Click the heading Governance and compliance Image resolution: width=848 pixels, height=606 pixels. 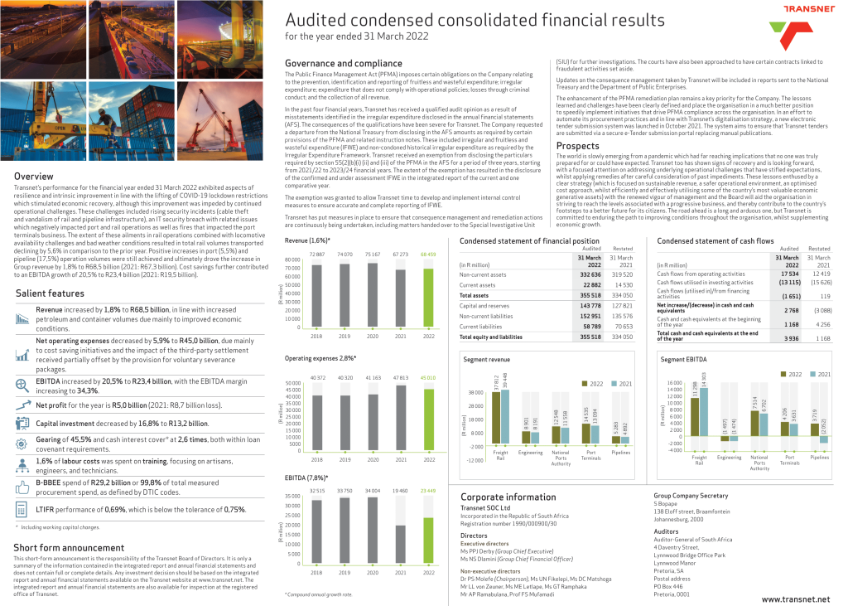click(x=331, y=64)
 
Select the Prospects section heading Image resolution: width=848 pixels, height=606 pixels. click(x=577, y=146)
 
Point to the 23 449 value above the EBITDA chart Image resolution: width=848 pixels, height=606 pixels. click(x=428, y=491)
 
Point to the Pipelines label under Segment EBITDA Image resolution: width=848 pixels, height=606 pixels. click(x=819, y=458)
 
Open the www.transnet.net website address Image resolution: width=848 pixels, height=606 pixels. click(x=794, y=599)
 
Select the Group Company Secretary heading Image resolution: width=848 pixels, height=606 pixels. click(x=691, y=495)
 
